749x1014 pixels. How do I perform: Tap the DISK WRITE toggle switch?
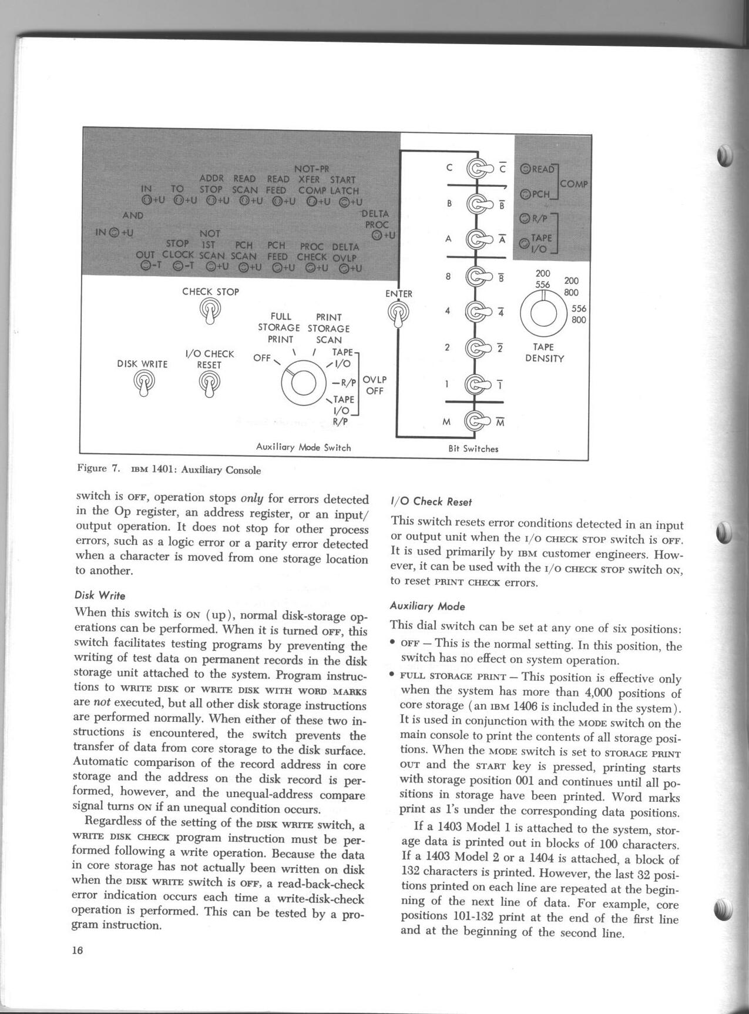143,383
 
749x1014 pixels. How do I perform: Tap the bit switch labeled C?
477,169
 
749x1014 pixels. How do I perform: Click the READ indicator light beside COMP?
526,169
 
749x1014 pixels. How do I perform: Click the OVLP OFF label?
374,384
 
